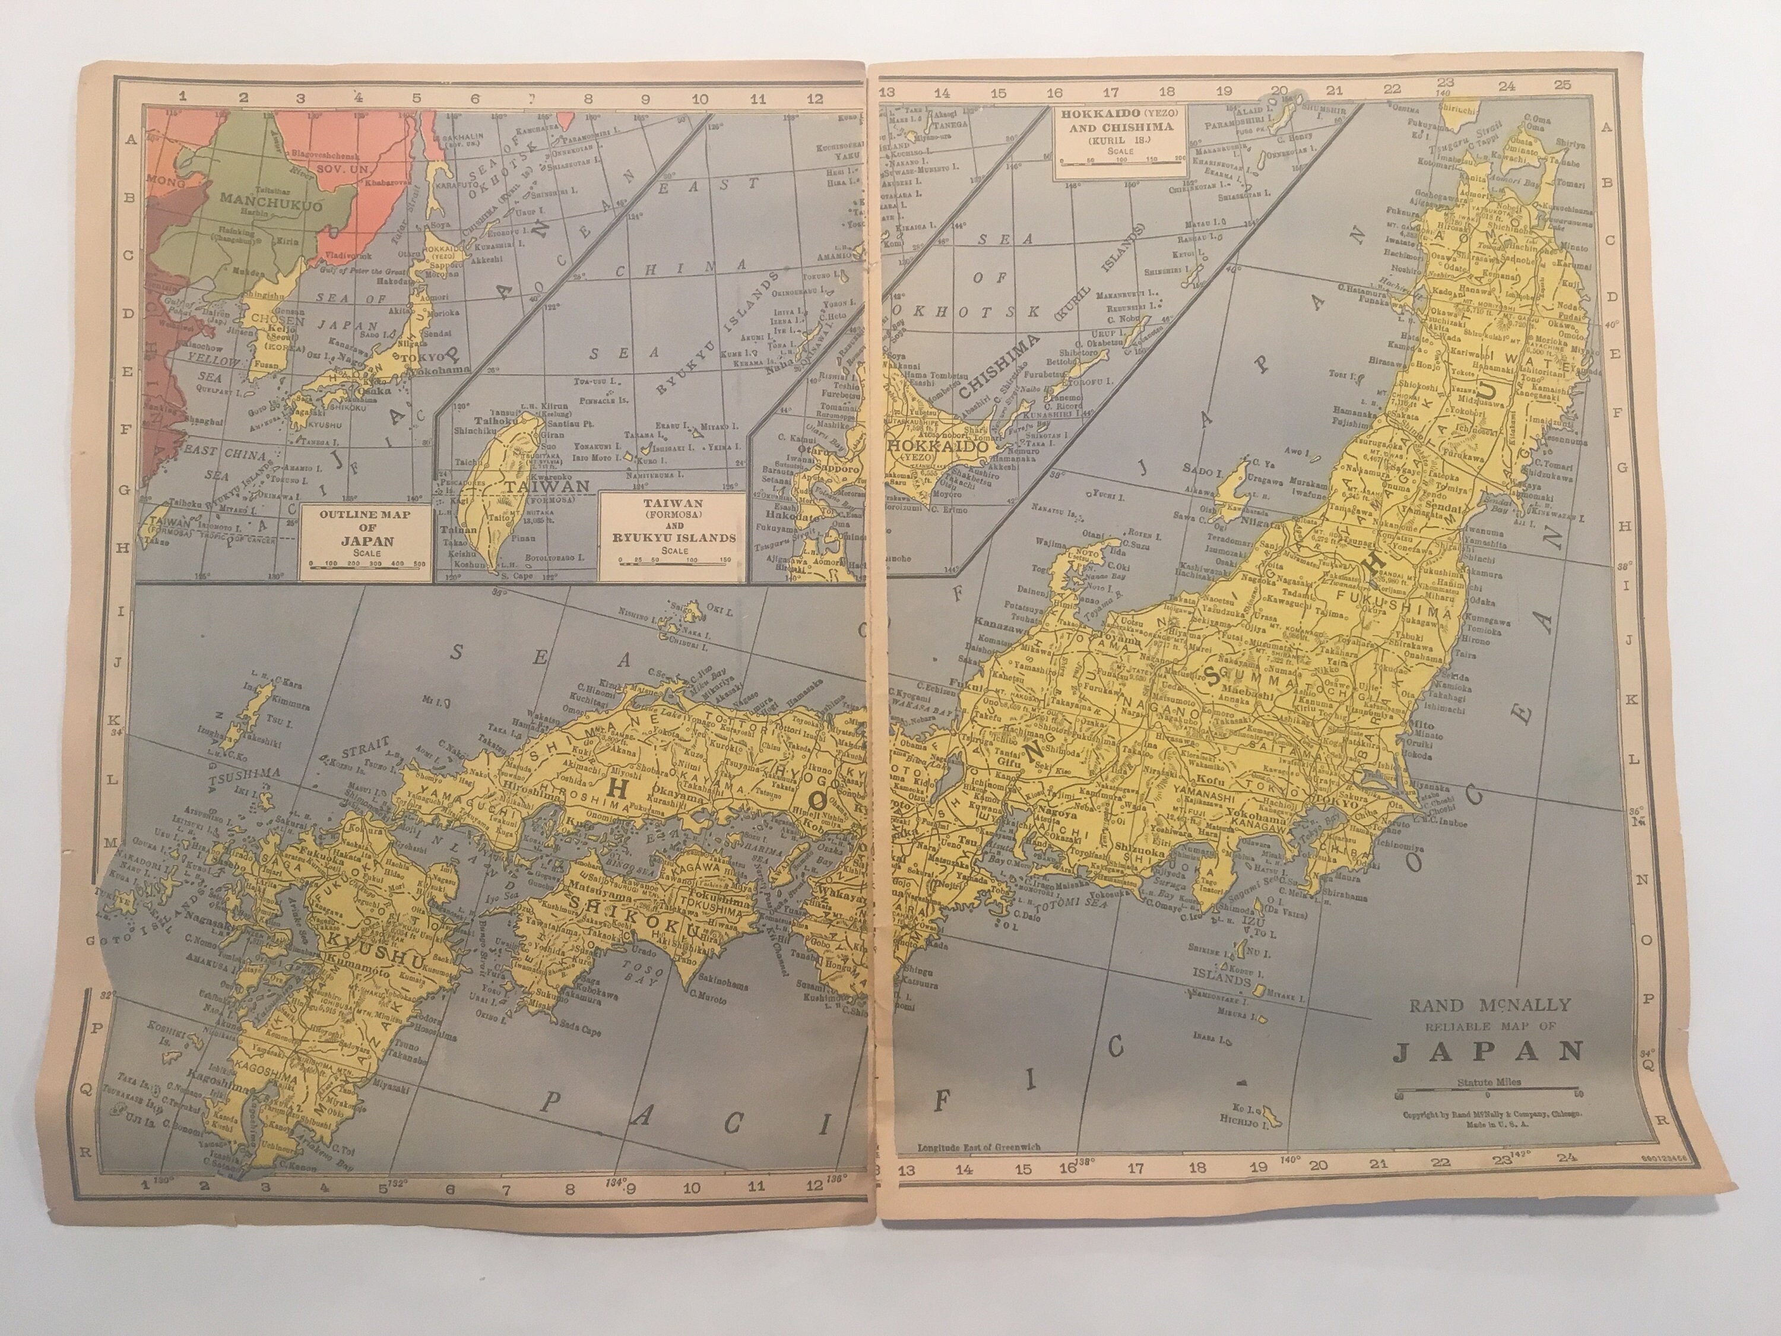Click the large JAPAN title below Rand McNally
pyautogui.click(x=1488, y=1052)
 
